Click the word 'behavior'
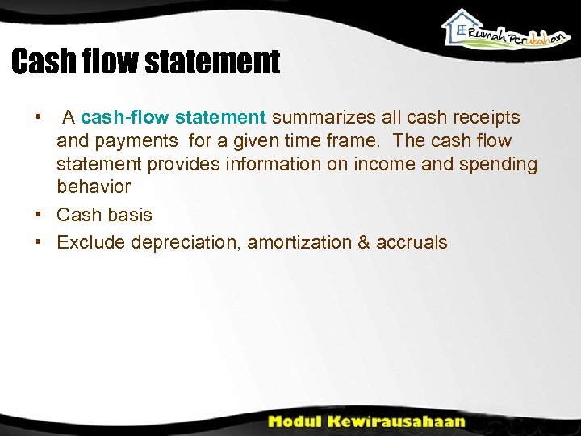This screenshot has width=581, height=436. [94, 187]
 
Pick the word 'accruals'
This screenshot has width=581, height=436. [412, 242]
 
